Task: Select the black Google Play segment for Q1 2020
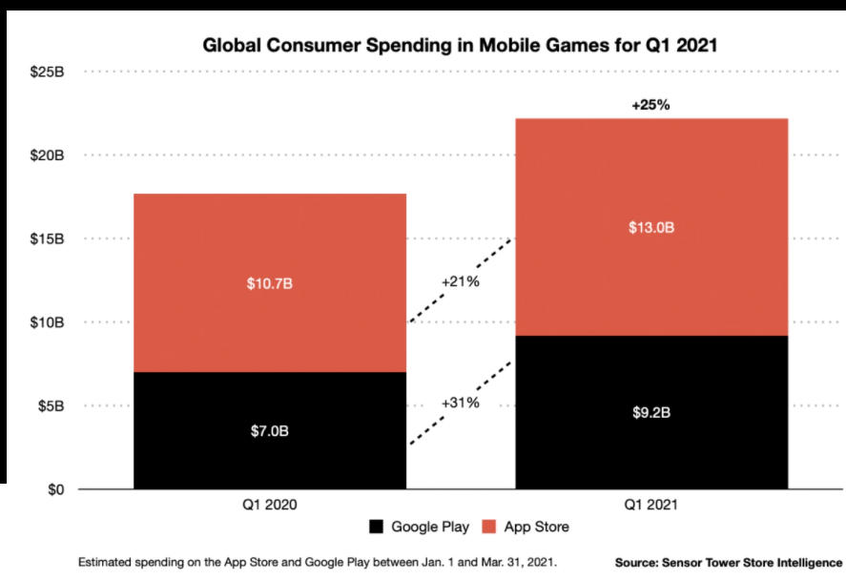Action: [x=270, y=448]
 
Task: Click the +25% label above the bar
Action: [x=650, y=105]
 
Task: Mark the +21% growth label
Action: [x=460, y=282]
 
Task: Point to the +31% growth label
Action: [x=460, y=403]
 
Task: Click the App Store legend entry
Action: [x=526, y=527]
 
